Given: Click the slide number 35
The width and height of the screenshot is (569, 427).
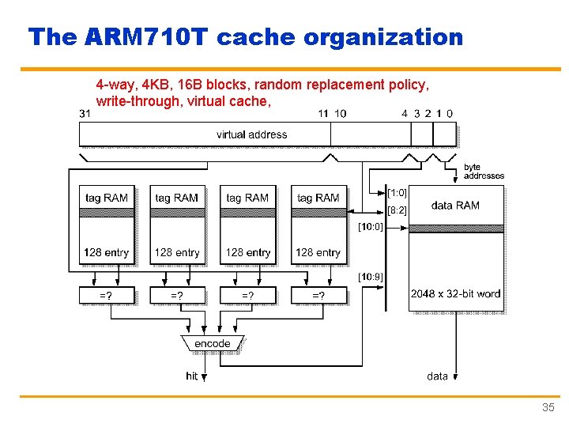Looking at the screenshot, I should coord(548,408).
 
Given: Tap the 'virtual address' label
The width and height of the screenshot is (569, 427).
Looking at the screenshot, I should coord(251,134).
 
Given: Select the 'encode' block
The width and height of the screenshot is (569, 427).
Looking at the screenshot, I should coord(213,343).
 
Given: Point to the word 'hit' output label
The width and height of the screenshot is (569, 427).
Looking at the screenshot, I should coord(192,376).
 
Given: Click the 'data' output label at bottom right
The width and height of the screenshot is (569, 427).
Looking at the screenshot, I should coord(437,376).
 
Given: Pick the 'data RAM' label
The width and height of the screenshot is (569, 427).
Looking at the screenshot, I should coord(455,206).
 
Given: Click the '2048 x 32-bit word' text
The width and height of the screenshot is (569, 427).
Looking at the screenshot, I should coord(455,293).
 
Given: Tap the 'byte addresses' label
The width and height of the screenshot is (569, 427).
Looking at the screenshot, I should coord(483,171).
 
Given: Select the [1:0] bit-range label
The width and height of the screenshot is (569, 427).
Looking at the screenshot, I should coord(397,192).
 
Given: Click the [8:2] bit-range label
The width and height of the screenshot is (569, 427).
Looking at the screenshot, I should coord(397,210).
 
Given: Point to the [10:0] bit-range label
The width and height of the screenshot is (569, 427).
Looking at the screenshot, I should coord(371,227).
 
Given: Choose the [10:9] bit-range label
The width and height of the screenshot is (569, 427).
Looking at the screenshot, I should coord(371,277).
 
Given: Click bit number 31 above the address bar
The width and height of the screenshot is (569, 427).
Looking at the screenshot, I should coord(85,113).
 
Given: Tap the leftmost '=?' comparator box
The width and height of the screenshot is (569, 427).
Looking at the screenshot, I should coord(105,296).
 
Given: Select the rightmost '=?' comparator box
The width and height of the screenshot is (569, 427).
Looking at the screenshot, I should coord(318,296).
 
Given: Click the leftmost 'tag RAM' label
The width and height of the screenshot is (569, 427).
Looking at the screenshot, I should coord(106,198).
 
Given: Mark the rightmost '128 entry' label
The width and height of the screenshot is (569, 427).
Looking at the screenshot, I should coord(318,252).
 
